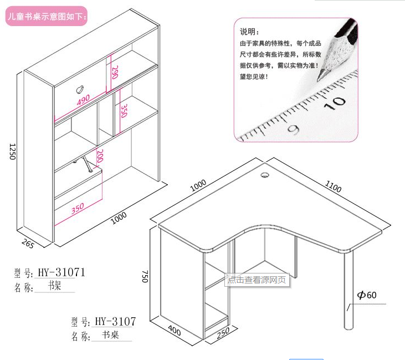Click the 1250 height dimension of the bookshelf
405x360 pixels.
(12, 151)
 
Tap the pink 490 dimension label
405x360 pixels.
(83, 100)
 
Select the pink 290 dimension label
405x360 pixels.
(115, 72)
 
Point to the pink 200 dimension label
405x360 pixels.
(100, 156)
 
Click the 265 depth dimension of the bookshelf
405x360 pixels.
(28, 244)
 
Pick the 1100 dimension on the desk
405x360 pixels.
(333, 186)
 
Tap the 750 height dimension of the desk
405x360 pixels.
(145, 276)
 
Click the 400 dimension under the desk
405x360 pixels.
(175, 330)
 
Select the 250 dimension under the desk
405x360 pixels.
(223, 333)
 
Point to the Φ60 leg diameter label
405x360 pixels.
(367, 295)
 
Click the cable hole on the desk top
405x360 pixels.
(265, 175)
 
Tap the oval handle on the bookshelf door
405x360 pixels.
(80, 89)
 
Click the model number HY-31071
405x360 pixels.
(61, 272)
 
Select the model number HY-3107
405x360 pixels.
(115, 322)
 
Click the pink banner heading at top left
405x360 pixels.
(47, 16)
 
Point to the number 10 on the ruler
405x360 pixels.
(335, 103)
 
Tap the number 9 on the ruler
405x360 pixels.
(294, 130)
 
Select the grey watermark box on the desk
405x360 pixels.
(257, 280)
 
